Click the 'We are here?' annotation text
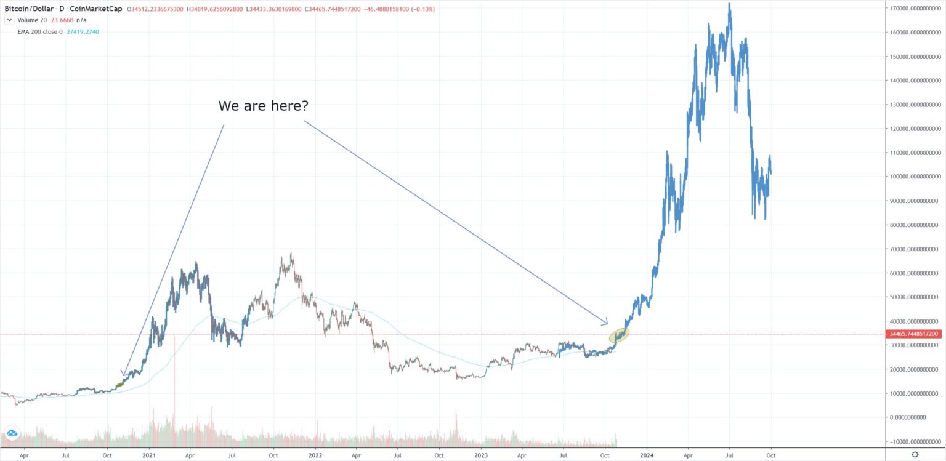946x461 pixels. click(x=263, y=106)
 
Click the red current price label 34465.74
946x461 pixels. click(x=913, y=334)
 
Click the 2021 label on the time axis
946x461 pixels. click(x=148, y=455)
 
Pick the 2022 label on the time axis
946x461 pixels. click(x=315, y=455)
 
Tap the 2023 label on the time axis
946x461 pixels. click(x=480, y=455)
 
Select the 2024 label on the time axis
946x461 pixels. click(x=647, y=455)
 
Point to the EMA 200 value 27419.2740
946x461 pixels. click(x=82, y=31)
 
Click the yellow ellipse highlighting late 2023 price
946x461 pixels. click(x=619, y=335)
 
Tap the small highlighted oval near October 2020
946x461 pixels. click(x=120, y=385)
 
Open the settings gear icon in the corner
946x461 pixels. click(x=915, y=455)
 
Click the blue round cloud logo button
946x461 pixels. click(x=10, y=434)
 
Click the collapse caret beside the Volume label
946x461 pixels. click(x=9, y=20)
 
